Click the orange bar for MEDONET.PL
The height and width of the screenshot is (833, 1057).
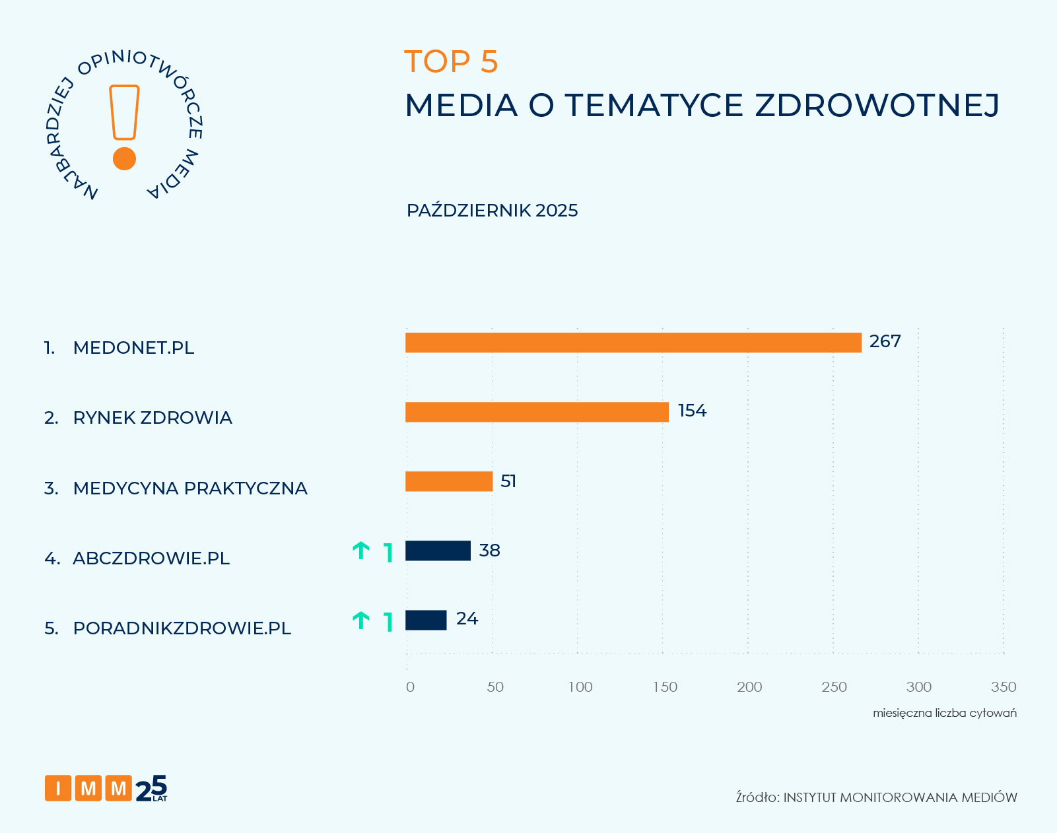(x=632, y=343)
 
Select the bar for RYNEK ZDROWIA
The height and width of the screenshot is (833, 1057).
(x=536, y=412)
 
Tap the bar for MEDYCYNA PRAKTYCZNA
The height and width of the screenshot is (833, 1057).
(x=448, y=481)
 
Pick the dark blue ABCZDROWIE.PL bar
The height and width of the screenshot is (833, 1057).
(x=437, y=550)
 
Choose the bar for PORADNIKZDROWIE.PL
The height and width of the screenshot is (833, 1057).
(x=425, y=620)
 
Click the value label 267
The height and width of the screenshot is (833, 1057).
(x=885, y=341)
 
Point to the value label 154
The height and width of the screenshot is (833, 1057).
(x=692, y=411)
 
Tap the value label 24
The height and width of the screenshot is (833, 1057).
(x=467, y=618)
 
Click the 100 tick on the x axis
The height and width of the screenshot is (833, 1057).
(x=580, y=687)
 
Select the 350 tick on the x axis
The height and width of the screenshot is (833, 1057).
(x=1003, y=687)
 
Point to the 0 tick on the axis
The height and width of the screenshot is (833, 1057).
(x=410, y=687)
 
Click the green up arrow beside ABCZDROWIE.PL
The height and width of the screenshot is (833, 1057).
(x=360, y=550)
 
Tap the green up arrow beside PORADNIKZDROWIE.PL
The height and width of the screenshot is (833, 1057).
(x=360, y=620)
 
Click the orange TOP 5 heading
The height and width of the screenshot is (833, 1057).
(x=451, y=61)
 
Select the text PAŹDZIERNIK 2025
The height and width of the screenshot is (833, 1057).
(x=492, y=211)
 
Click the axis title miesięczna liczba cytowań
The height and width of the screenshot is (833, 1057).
(x=944, y=713)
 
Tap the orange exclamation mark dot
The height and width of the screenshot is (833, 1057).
(x=124, y=159)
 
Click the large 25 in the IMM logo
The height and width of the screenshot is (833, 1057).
(x=152, y=787)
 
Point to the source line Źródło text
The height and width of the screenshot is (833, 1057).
(x=876, y=797)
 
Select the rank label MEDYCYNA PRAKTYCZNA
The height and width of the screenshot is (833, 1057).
(x=189, y=488)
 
